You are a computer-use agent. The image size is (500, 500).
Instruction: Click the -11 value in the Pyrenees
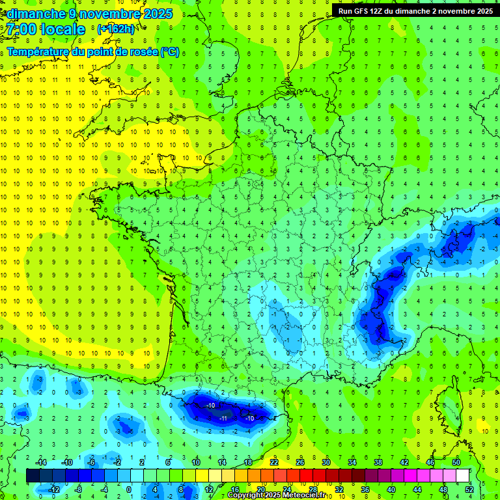click(224, 417)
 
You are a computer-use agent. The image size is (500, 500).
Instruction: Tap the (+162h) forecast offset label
click(115, 29)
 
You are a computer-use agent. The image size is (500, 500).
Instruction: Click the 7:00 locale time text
click(47, 29)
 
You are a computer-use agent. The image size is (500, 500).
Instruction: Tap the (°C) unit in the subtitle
click(170, 52)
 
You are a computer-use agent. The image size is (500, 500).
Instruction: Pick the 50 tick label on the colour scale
click(456, 462)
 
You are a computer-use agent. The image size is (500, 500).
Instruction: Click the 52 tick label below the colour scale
click(469, 490)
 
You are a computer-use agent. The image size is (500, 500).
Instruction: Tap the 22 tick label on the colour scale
click(274, 462)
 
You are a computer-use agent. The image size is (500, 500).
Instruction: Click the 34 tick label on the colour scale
click(352, 462)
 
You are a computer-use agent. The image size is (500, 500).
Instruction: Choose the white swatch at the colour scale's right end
click(463, 476)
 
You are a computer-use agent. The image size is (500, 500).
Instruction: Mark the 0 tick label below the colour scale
click(128, 490)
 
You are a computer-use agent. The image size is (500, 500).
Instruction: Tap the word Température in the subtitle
click(41, 52)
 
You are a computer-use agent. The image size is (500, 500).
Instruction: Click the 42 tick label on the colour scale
click(404, 462)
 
